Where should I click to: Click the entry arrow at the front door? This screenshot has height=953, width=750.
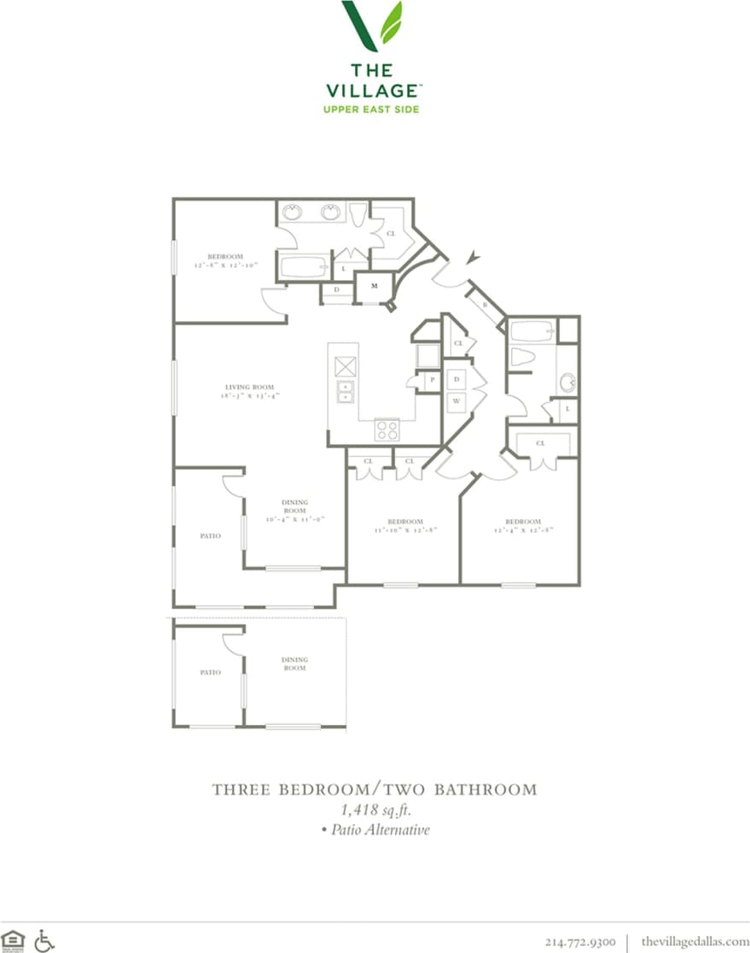click(x=472, y=255)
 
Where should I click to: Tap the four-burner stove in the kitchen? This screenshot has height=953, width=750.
click(x=387, y=430)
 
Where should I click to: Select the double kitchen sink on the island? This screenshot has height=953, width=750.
click(x=346, y=393)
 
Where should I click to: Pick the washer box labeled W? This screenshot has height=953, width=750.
click(x=456, y=400)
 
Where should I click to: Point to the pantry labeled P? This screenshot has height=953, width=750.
click(x=432, y=379)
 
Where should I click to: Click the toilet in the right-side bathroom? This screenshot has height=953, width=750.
click(x=520, y=358)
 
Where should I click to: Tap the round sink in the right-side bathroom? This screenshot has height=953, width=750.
click(x=567, y=382)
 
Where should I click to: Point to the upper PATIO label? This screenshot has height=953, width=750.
click(x=210, y=536)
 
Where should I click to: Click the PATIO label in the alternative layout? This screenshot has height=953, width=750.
click(x=210, y=672)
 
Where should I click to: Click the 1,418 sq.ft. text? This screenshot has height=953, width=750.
click(x=375, y=810)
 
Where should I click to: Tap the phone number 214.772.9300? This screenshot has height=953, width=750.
click(x=580, y=941)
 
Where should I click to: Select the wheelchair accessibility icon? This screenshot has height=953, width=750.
click(x=44, y=940)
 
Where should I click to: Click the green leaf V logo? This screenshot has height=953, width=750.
click(x=374, y=26)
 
